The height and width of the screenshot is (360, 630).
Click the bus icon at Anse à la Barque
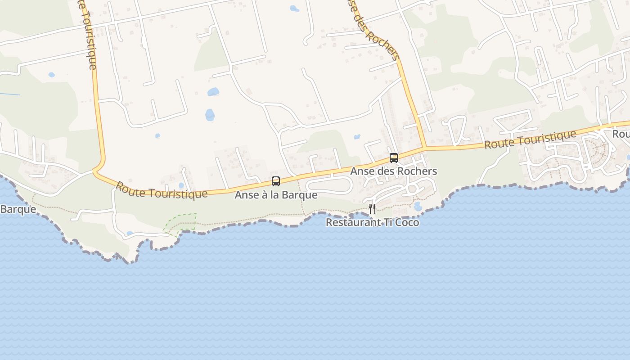click(x=276, y=181)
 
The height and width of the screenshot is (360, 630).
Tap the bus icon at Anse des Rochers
click(x=394, y=158)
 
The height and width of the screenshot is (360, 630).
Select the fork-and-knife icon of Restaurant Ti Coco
click(x=372, y=208)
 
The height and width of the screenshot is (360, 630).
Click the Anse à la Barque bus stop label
click(x=276, y=195)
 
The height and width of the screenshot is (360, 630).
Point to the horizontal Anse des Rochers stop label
click(x=394, y=171)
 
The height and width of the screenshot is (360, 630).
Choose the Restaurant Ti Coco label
click(x=372, y=222)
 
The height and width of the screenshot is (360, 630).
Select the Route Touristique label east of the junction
click(x=530, y=140)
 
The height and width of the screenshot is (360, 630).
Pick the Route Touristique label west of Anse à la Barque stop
click(x=162, y=190)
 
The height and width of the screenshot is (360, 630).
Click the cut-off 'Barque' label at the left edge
click(x=18, y=210)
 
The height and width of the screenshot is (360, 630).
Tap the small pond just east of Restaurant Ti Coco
click(x=417, y=207)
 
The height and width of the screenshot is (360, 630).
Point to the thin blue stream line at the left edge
click(x=10, y=94)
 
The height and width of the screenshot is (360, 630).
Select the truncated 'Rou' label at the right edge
click(x=621, y=134)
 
